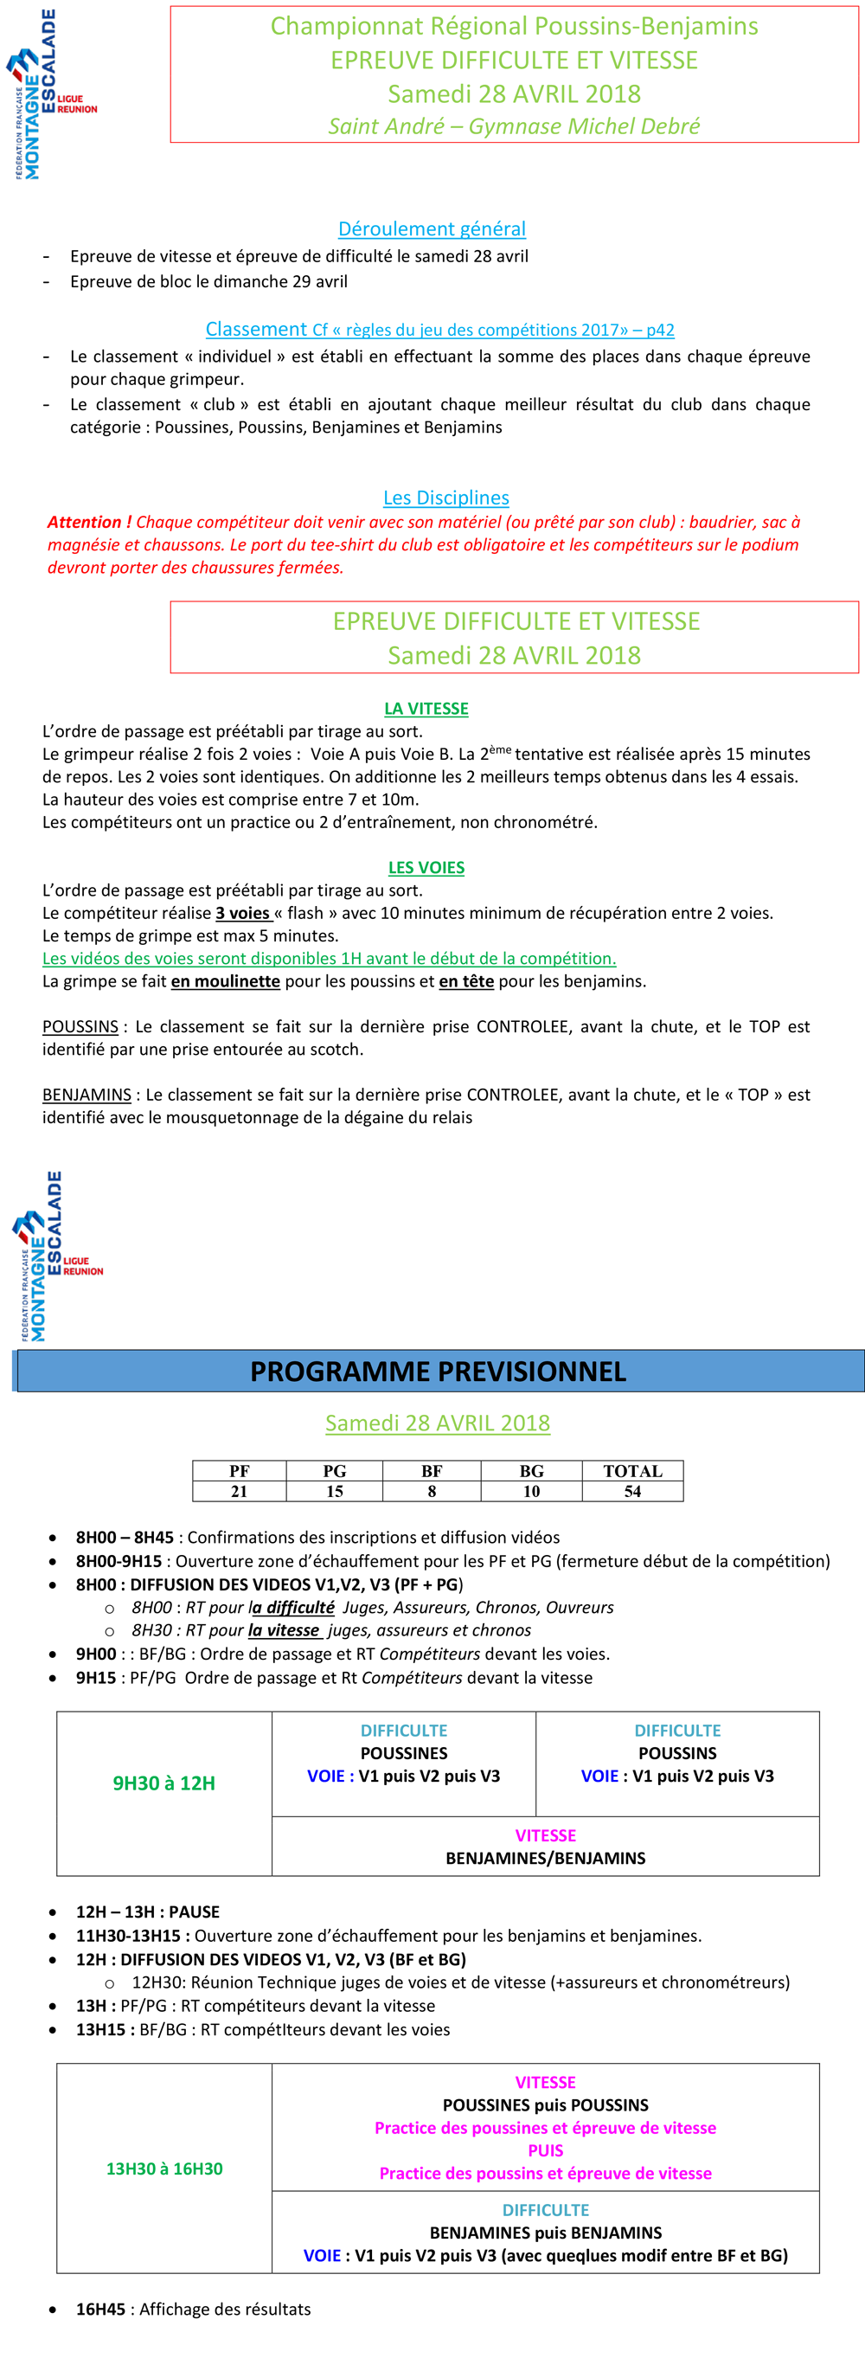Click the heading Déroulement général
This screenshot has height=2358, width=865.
click(x=432, y=228)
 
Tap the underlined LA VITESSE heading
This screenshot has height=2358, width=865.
click(x=426, y=709)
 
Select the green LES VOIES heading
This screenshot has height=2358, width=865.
click(x=426, y=867)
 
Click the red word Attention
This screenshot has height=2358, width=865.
click(x=84, y=522)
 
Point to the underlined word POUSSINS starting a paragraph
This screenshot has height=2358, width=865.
click(x=80, y=1026)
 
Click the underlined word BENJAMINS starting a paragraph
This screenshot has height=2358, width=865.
click(x=87, y=1094)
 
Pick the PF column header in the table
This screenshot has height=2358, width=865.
click(x=239, y=1471)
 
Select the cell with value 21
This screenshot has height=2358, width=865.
click(x=239, y=1491)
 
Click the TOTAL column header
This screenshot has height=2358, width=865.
click(x=631, y=1471)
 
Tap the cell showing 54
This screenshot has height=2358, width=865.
click(x=631, y=1491)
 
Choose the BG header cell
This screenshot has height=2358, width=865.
click(x=531, y=1471)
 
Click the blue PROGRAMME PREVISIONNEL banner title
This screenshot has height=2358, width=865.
click(x=439, y=1372)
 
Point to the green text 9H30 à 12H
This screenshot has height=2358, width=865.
click(x=163, y=1783)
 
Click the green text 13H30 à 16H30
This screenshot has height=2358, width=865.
click(x=164, y=2168)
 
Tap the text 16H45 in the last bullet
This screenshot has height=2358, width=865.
click(x=100, y=2309)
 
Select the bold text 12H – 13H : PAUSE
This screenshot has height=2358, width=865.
click(x=147, y=1911)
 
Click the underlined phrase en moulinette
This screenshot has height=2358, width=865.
click(x=225, y=981)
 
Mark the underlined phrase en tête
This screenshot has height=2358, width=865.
click(x=466, y=981)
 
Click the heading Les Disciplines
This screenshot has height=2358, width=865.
click(x=445, y=498)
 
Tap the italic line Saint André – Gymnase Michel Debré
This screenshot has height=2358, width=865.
click(x=514, y=126)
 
